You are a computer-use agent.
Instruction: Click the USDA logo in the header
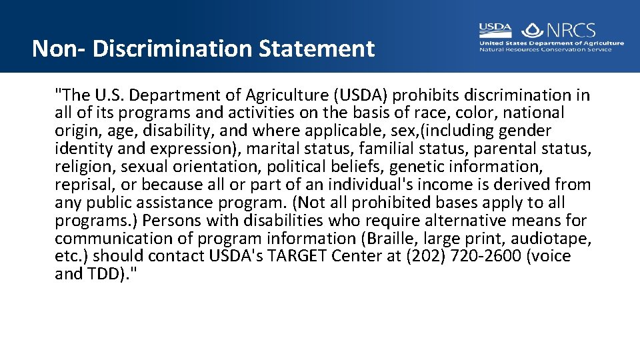pos(495,30)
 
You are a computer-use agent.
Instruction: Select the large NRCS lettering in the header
pos(571,30)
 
